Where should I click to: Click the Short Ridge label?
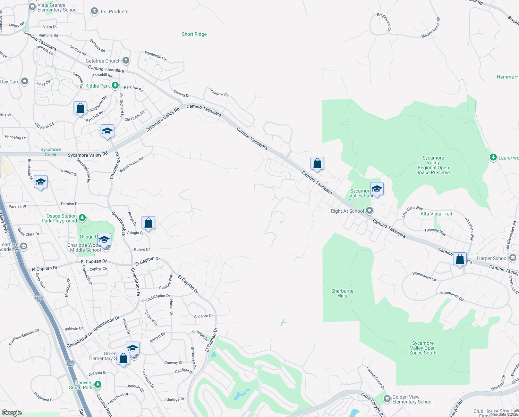click(x=194, y=34)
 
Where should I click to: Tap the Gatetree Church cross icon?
click(x=126, y=60)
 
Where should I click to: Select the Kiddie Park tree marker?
click(x=115, y=85)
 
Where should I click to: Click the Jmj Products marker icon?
click(x=94, y=11)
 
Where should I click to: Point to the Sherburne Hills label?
click(x=342, y=293)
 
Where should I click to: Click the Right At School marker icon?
click(x=369, y=211)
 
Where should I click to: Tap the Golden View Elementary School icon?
click(x=387, y=399)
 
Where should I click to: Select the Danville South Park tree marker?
click(x=98, y=384)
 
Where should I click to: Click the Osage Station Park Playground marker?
click(x=82, y=218)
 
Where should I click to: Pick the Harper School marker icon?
click(x=513, y=258)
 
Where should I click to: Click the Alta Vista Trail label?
click(x=436, y=214)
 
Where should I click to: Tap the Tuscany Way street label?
click(x=435, y=232)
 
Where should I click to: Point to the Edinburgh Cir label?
click(x=155, y=56)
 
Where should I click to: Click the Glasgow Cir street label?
click(x=219, y=92)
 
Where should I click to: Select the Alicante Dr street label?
click(x=203, y=316)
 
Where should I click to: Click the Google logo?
click(x=12, y=412)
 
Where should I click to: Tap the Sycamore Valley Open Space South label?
click(x=423, y=348)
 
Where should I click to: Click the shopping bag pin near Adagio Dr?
click(x=148, y=223)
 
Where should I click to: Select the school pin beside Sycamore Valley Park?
click(x=377, y=189)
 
